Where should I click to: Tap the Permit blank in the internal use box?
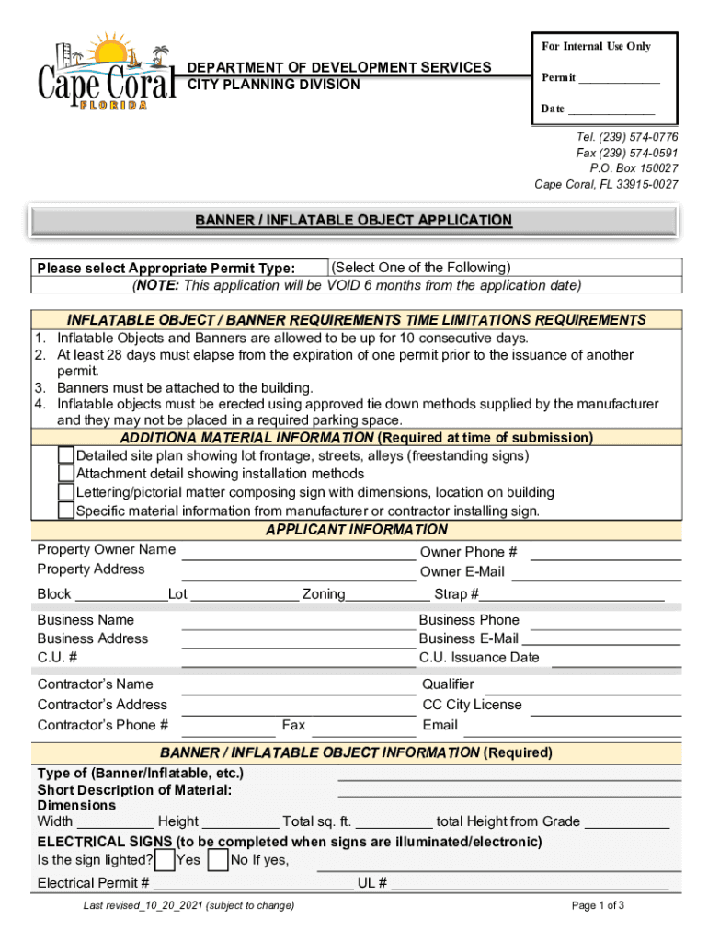[619, 80]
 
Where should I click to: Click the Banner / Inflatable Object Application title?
[353, 221]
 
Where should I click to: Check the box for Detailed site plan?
[66, 455]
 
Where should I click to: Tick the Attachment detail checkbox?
[66, 474]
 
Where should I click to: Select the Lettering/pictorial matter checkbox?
[66, 492]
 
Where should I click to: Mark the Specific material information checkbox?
[66, 511]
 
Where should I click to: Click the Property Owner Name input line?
[298, 555]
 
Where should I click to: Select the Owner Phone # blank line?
[606, 556]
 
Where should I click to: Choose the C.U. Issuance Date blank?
[615, 661]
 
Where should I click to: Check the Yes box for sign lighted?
[166, 860]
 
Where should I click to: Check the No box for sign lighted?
[219, 860]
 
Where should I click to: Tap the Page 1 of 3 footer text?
[598, 905]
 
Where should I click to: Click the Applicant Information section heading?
[357, 530]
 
